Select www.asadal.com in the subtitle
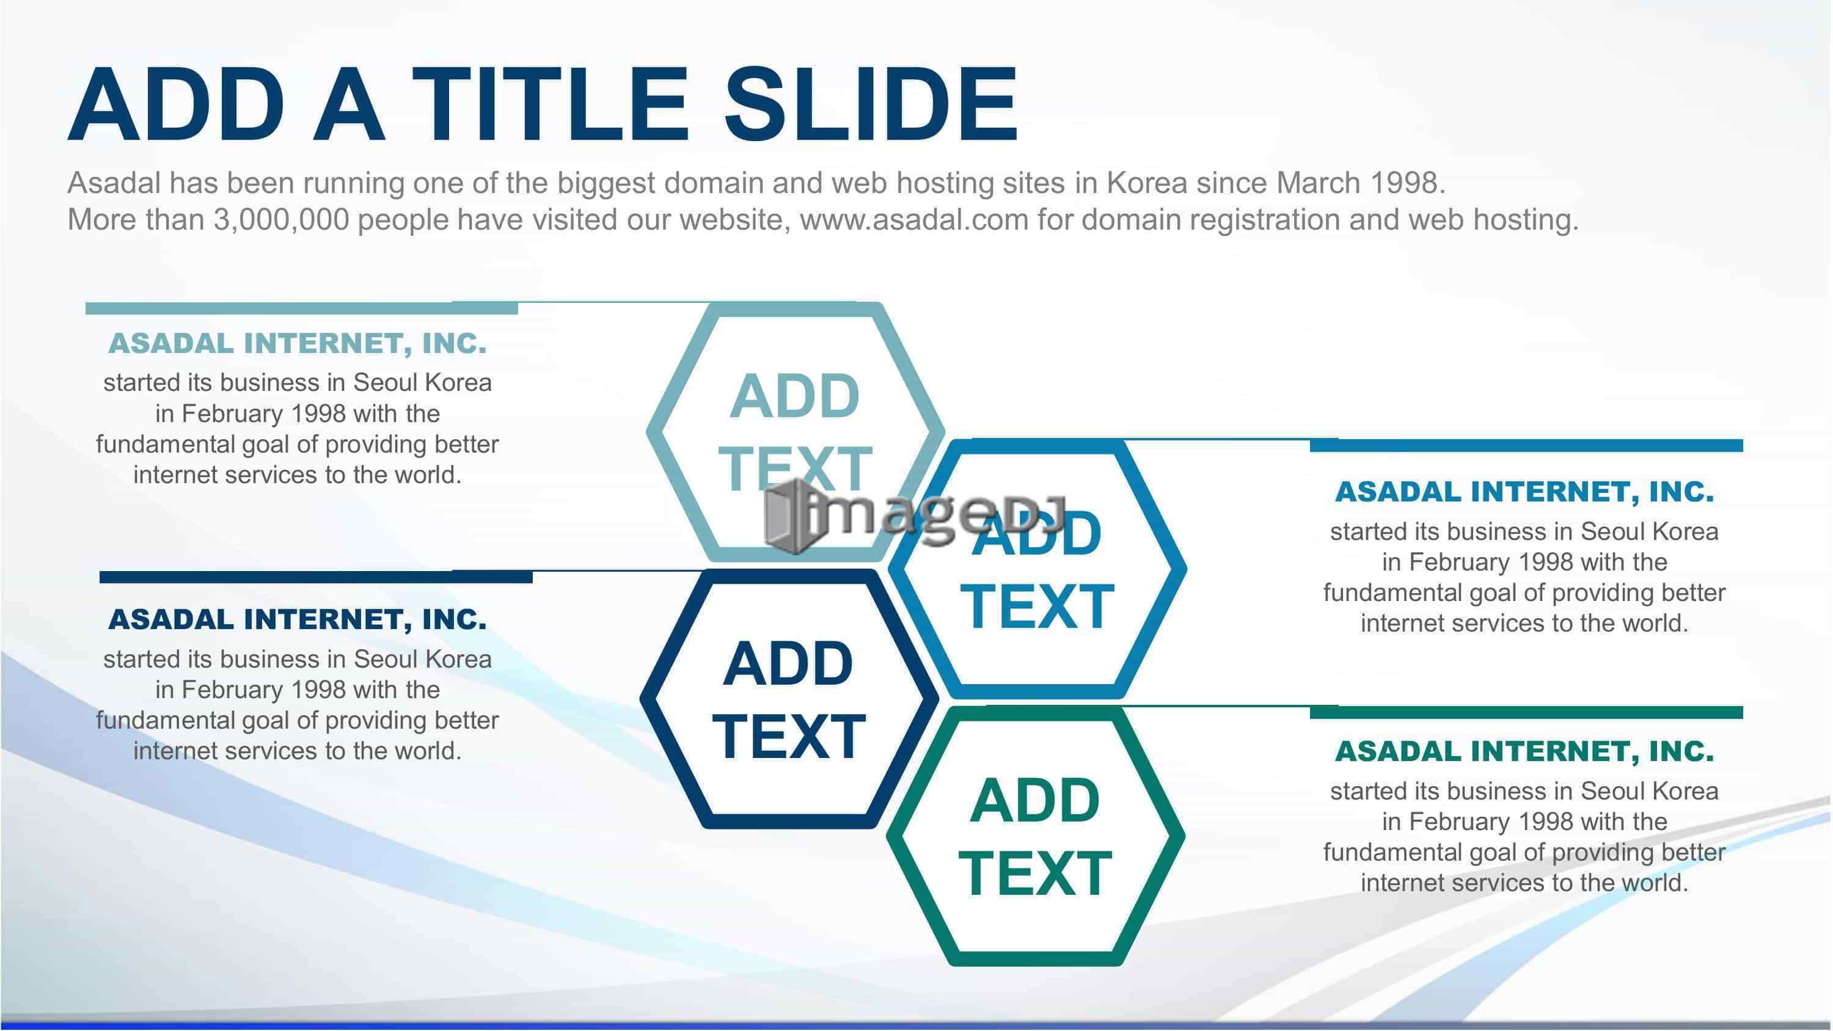(x=915, y=219)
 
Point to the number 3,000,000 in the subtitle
(x=281, y=220)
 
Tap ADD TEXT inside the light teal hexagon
(x=795, y=432)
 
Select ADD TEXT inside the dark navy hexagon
(x=788, y=699)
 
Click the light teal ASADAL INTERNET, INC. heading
(x=298, y=344)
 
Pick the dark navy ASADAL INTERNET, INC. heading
(x=298, y=620)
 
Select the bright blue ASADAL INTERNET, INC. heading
(x=1524, y=492)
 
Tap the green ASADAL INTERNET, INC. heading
(x=1524, y=751)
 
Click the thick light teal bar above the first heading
(x=302, y=308)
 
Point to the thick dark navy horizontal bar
(x=316, y=577)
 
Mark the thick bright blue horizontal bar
(x=1526, y=445)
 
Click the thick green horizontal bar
(x=1526, y=712)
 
